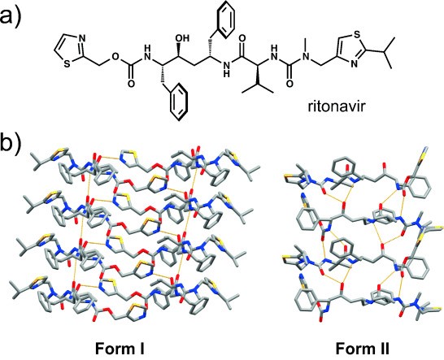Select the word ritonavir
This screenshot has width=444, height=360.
[x=336, y=107]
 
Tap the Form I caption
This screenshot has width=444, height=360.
[x=120, y=348]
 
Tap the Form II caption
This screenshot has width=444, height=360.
[x=363, y=348]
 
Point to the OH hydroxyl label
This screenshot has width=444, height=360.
[x=181, y=38]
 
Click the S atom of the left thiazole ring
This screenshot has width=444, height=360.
[x=67, y=64]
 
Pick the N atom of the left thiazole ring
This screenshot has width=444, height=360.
[x=81, y=38]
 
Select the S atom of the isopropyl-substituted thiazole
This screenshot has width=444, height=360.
[x=357, y=34]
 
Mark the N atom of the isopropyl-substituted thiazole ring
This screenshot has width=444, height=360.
[x=354, y=64]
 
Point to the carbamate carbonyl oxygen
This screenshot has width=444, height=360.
[x=131, y=84]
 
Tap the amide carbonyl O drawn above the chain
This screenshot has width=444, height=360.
[x=242, y=38]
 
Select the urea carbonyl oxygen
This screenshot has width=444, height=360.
[x=289, y=83]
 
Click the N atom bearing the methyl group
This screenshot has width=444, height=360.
[x=306, y=56]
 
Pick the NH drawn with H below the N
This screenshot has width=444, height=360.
[x=226, y=69]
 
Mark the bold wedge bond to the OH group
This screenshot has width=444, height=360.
[x=179, y=50]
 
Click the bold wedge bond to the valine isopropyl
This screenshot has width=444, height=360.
[x=258, y=75]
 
